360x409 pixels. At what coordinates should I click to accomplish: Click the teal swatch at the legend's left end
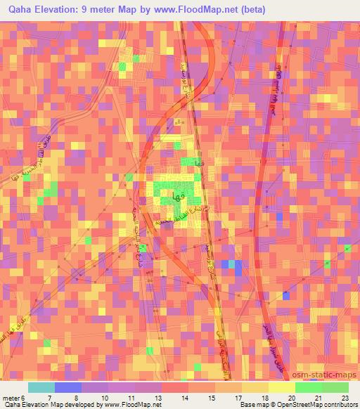pyautogui.click(x=41, y=387)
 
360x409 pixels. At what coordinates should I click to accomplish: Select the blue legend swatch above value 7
pyautogui.click(x=68, y=387)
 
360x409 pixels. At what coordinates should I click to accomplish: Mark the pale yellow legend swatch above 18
pyautogui.click(x=255, y=387)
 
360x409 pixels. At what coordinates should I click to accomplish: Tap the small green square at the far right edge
pyautogui.click(x=347, y=247)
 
